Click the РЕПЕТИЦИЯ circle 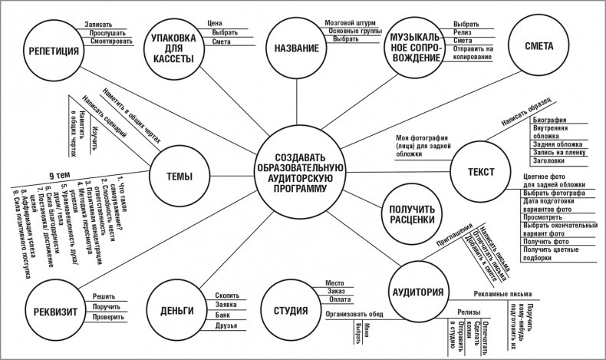(x=54, y=52)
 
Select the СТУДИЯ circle (x=291, y=311)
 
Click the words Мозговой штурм (x=350, y=23)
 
